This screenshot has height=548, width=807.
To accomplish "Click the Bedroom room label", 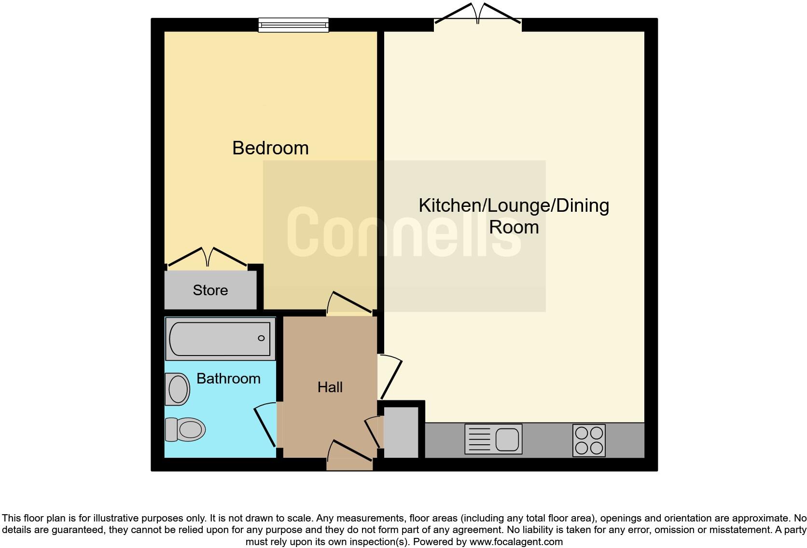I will [x=270, y=148].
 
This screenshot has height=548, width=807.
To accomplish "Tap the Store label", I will [x=210, y=290].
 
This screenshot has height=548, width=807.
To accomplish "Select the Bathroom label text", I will [x=228, y=379].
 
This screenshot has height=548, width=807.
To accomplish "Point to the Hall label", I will [x=330, y=387].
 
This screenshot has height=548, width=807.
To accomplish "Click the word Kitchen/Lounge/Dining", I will [x=514, y=205].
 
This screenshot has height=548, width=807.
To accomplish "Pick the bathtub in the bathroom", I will [x=220, y=339].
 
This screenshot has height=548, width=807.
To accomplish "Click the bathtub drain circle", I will [x=261, y=338].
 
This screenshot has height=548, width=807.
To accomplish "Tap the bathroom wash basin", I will [x=177, y=389].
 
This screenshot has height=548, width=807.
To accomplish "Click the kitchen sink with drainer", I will [x=493, y=439].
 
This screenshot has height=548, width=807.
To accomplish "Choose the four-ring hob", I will [x=589, y=440].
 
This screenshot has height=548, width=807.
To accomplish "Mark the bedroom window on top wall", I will [x=293, y=25].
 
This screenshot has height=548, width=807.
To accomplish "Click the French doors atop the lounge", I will [x=478, y=14].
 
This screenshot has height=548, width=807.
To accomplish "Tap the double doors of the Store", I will [x=208, y=257].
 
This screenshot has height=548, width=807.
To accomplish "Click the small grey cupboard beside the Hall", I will [x=401, y=432].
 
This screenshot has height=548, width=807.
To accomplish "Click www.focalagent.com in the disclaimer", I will [x=515, y=542].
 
